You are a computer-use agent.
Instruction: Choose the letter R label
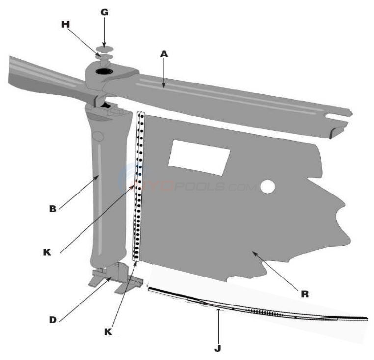pyautogui.click(x=304, y=294)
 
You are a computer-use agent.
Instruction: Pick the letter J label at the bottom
pyautogui.click(x=217, y=348)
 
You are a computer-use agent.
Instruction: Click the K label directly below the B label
pyautogui.click(x=47, y=253)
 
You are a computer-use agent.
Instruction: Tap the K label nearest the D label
pyautogui.click(x=108, y=332)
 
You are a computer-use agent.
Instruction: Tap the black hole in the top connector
pyautogui.click(x=105, y=72)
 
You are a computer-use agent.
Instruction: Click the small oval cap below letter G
pyautogui.click(x=104, y=49)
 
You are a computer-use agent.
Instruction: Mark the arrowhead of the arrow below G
pyautogui.click(x=104, y=44)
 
